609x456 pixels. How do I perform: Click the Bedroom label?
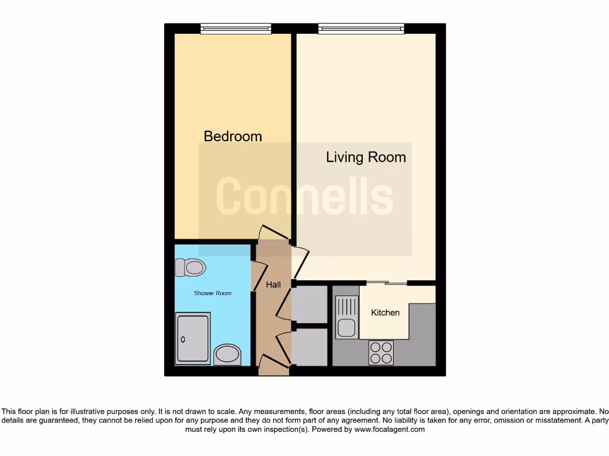click(233, 136)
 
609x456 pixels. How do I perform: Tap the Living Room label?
click(366, 157)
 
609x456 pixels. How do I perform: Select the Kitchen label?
click(385, 312)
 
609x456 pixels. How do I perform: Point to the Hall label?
click(273, 285)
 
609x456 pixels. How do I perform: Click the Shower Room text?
click(212, 293)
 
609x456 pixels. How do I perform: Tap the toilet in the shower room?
click(190, 267)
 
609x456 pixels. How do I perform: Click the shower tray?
click(193, 339)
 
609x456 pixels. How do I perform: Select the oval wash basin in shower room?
click(227, 354)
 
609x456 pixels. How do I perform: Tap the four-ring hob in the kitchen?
click(381, 353)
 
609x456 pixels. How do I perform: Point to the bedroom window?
click(236, 28)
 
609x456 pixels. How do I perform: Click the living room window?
click(361, 28)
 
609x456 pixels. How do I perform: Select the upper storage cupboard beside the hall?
click(310, 304)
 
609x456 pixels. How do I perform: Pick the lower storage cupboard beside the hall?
click(310, 347)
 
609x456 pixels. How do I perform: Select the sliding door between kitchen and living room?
click(387, 283)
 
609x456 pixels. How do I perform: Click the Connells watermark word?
click(304, 197)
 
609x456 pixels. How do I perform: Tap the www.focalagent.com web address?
click(389, 429)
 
